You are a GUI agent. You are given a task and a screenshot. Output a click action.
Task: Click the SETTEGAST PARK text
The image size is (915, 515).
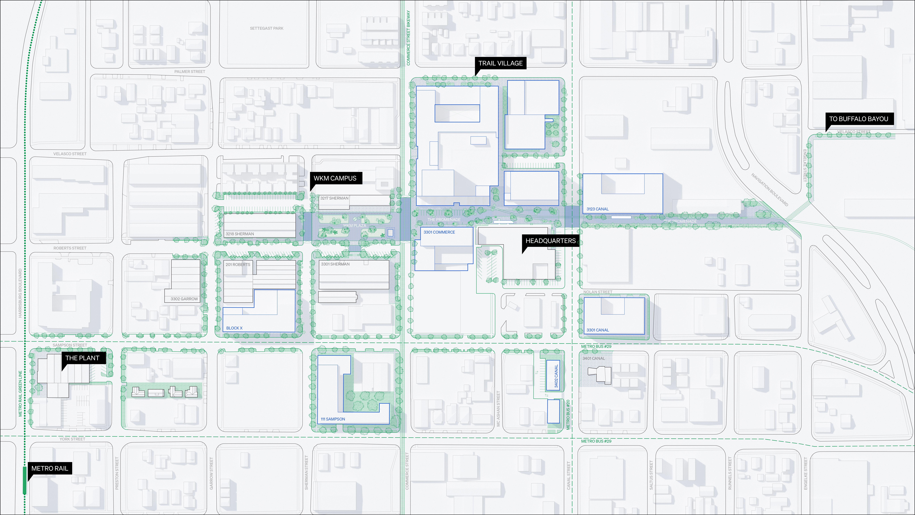click(x=266, y=28)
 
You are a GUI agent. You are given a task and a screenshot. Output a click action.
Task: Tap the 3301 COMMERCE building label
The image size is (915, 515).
click(x=439, y=232)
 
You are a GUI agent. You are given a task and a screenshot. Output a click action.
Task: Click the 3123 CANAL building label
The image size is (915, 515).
click(x=597, y=209)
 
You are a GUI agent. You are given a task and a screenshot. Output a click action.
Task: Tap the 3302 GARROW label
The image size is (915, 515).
click(x=184, y=299)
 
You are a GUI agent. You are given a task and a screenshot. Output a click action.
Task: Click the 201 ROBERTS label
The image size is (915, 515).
click(x=238, y=264)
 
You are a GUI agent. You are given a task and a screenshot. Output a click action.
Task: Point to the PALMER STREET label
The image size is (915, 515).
click(x=190, y=71)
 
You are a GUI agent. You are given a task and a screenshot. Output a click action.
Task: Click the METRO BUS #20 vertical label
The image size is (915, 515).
click(x=568, y=414)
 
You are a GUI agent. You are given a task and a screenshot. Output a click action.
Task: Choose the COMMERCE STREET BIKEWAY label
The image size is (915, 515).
click(x=408, y=38)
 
